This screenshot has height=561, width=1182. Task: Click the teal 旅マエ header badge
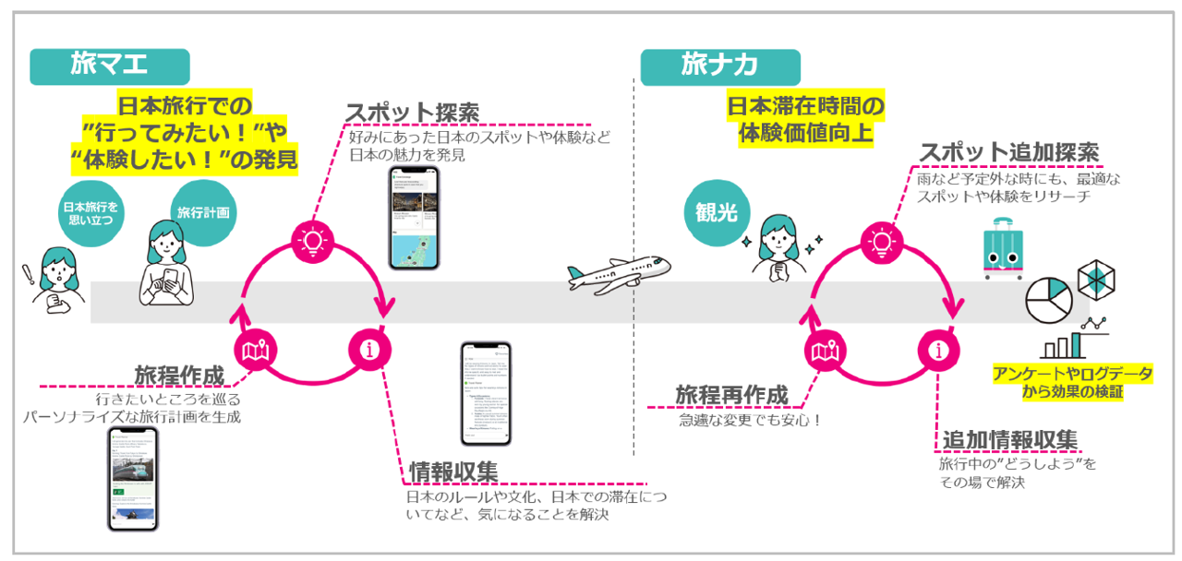coord(109,66)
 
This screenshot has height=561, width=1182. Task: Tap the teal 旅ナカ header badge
coord(720,66)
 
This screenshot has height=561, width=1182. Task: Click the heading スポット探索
coord(412,113)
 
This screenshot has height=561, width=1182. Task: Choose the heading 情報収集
coord(454,471)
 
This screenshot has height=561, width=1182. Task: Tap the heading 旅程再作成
coord(731,395)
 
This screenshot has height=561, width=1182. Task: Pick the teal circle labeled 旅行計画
coord(203,211)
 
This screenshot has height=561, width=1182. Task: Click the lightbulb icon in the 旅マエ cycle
coord(310,242)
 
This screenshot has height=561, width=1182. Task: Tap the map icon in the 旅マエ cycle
coord(255,351)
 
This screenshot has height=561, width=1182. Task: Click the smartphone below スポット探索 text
coord(411,219)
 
